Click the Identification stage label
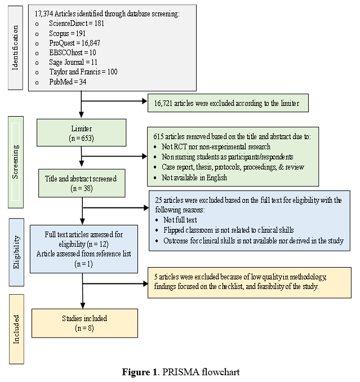coord(15,48)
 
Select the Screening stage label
coord(15,162)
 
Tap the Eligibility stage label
coord(16,252)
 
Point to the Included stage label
coord(16,330)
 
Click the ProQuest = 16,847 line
coord(74,43)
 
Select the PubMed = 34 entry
coord(68,82)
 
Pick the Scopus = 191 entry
coord(67,33)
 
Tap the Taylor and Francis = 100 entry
coord(83,72)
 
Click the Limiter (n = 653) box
coord(81,133)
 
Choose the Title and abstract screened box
coord(82,183)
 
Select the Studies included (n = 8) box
coord(85,323)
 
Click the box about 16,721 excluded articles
coord(228,103)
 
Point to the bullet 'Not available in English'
coord(194,177)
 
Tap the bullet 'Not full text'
coord(180,220)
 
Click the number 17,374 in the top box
coord(44,14)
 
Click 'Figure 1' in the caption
coord(140,372)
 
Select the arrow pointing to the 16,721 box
coord(114,101)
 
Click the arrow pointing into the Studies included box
coord(83,291)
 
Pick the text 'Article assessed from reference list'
coord(84,254)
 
